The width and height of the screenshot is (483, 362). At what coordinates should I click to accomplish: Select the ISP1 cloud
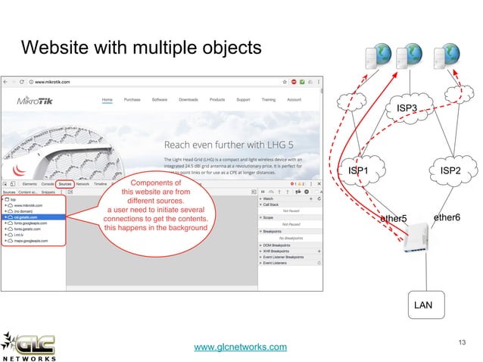pos(357,171)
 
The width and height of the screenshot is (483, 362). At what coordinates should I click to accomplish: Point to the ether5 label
pos(393,220)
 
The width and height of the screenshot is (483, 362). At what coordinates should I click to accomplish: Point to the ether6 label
pos(447,218)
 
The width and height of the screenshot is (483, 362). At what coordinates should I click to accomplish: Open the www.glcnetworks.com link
pos(241,347)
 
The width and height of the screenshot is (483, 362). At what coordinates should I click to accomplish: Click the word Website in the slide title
pos(52,48)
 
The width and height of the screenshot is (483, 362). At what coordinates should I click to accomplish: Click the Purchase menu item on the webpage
pos(132,99)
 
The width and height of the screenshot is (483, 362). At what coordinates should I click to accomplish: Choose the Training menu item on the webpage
pos(268,99)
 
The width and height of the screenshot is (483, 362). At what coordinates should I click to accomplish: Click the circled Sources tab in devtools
pos(65,184)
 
